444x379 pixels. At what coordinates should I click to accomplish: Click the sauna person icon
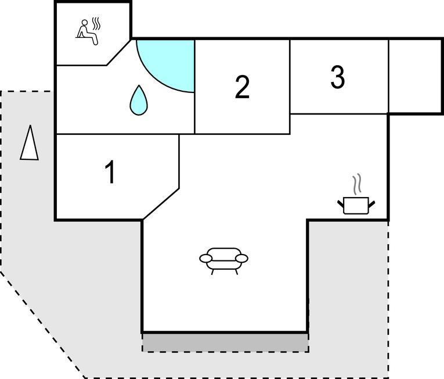click(87, 33)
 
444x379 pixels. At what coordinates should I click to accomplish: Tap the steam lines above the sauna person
click(96, 24)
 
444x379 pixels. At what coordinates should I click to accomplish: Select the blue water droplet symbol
click(139, 100)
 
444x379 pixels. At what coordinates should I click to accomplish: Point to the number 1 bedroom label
click(110, 172)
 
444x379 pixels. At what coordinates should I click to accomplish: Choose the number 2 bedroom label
click(242, 87)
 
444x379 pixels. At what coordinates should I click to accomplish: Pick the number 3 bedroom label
click(338, 77)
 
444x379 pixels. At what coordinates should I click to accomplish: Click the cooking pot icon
click(356, 205)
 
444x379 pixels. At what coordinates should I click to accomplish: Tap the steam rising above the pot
click(356, 184)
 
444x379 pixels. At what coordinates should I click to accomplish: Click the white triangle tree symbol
click(30, 142)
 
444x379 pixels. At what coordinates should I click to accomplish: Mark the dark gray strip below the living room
click(225, 343)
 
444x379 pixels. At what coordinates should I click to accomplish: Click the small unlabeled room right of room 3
click(415, 76)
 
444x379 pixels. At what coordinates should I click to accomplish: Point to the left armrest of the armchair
click(206, 259)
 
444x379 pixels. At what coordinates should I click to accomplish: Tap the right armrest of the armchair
click(241, 259)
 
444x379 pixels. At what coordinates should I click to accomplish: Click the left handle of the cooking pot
click(341, 203)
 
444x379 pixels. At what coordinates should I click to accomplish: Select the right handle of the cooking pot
click(371, 203)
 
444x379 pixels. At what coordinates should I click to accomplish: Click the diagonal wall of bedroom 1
click(161, 203)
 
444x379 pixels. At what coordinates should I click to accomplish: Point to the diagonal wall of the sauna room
click(119, 52)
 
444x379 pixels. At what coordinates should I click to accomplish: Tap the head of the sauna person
click(84, 23)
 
